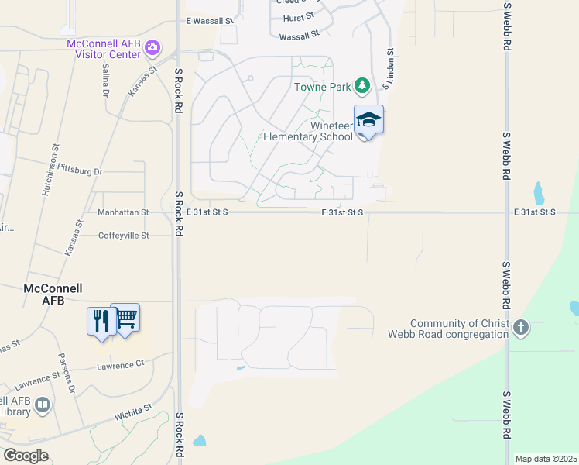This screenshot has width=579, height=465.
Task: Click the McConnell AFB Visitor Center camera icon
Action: pos(152,48)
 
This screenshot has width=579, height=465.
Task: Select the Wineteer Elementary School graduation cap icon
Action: pos(368,119)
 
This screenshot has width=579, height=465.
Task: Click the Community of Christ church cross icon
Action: pos(521,328)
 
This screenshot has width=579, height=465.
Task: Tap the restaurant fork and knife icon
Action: pos(101,320)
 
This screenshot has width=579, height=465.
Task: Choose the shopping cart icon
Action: pos(125,316)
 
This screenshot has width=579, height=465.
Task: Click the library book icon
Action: pos(43,405)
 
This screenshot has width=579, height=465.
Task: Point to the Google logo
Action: pos(26,455)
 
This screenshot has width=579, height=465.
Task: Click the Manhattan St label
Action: pos(123,212)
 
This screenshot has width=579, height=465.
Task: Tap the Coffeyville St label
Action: pos(124,235)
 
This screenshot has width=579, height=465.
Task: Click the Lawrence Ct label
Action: pos(120,363)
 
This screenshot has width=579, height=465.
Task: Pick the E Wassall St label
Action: pos(210,21)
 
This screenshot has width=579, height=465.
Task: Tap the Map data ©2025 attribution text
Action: pos(545,459)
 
